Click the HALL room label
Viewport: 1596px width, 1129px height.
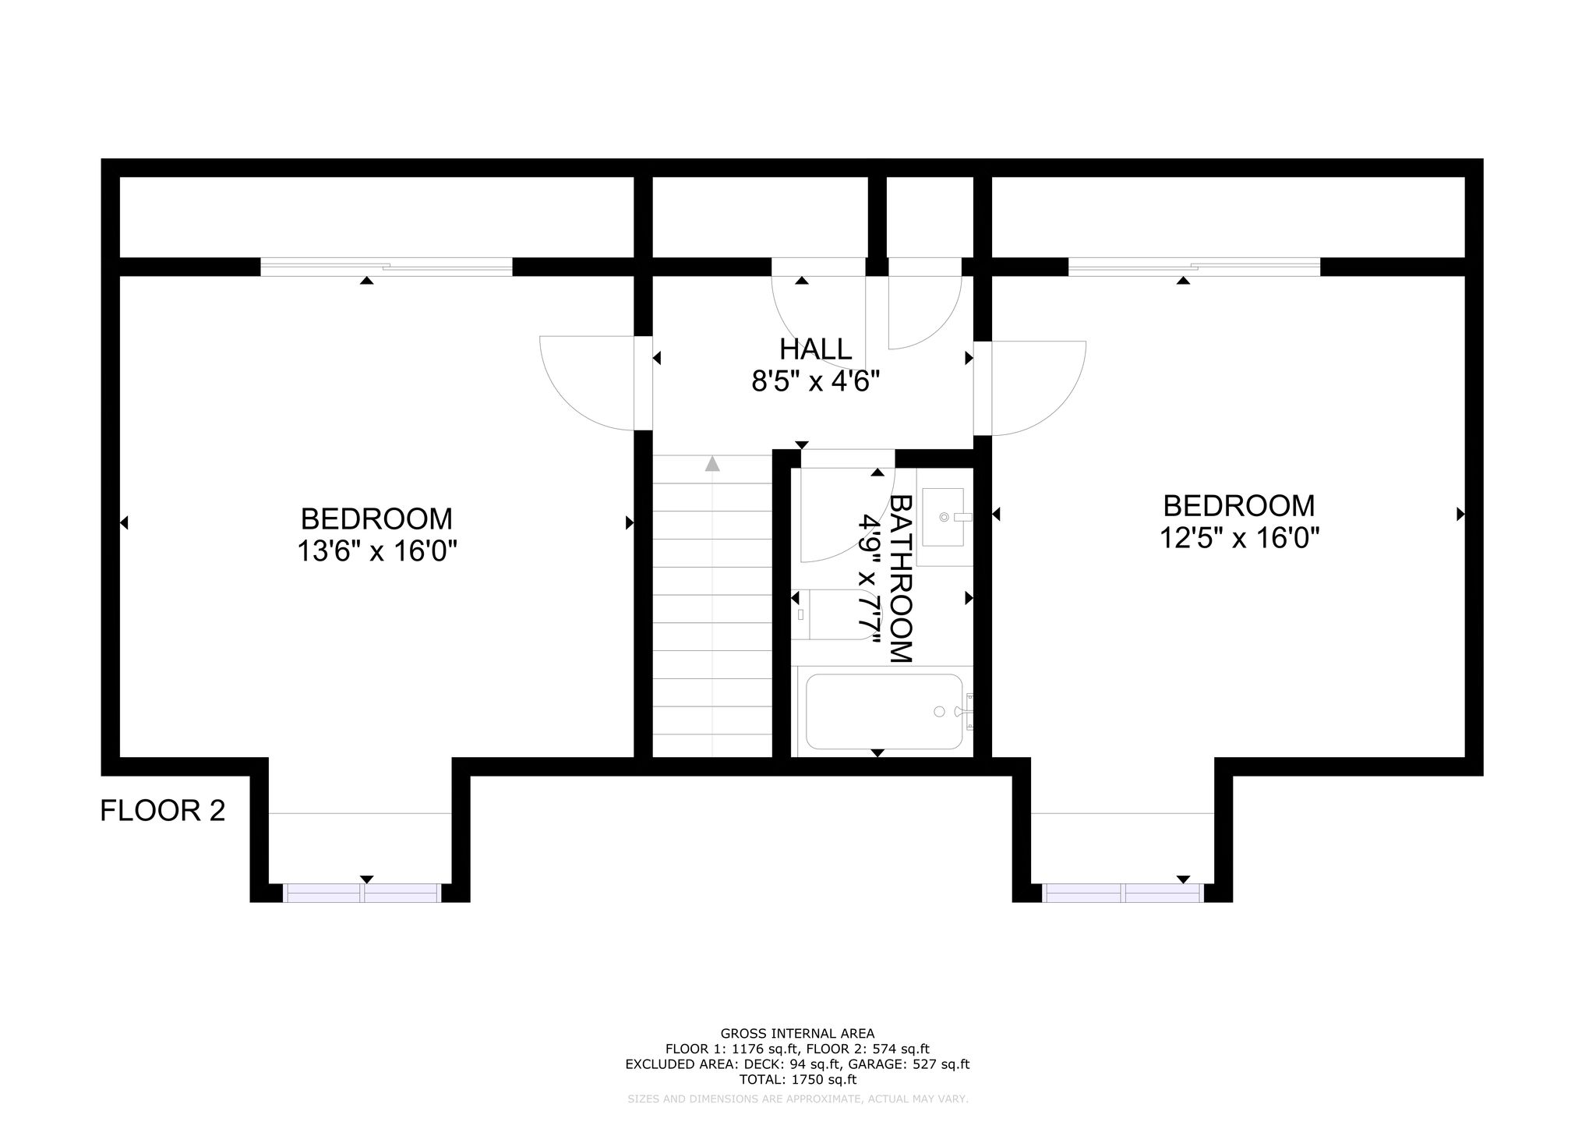[816, 349]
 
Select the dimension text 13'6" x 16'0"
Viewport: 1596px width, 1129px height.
[376, 552]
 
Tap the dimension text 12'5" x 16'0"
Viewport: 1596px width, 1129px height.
[1239, 539]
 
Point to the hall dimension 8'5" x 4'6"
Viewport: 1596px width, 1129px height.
[816, 382]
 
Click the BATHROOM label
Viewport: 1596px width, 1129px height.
[900, 579]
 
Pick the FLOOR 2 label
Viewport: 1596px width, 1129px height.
[163, 811]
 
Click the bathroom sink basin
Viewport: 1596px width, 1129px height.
[943, 516]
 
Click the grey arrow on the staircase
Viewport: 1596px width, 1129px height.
[712, 464]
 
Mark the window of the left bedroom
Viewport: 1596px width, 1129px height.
[362, 893]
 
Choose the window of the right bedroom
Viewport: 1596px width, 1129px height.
[1123, 893]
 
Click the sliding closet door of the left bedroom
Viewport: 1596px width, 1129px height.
[387, 267]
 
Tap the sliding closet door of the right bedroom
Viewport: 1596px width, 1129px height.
[1194, 267]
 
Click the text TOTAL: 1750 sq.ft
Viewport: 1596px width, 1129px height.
[797, 1080]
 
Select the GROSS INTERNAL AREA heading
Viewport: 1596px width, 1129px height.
[797, 1034]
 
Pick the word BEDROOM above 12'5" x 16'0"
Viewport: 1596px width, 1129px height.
[1239, 506]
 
